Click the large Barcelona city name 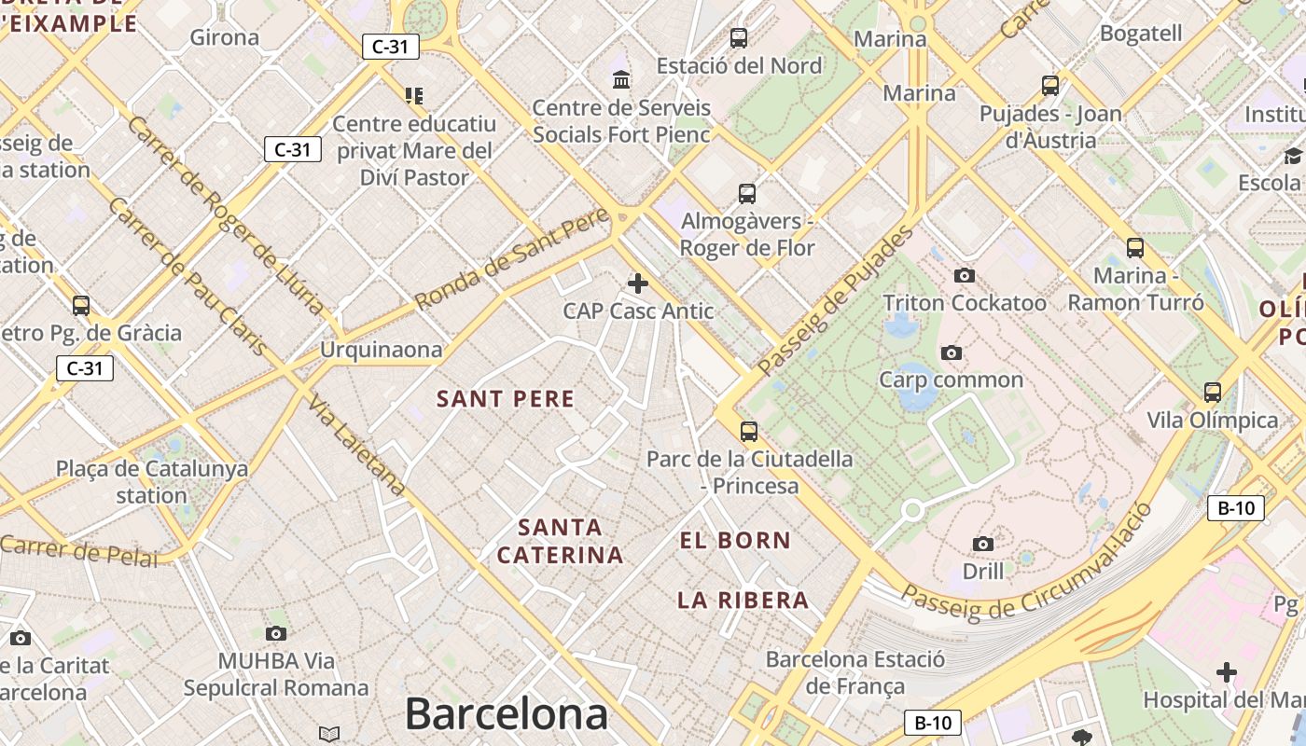pos(507,714)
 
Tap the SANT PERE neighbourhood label pos(506,399)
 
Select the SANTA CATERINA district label pos(560,542)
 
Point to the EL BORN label pos(735,541)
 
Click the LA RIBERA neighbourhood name pos(743,601)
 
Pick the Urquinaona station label pos(381,350)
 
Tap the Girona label pos(224,37)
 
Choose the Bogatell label pos(1141,34)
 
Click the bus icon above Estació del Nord pos(739,38)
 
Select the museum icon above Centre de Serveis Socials pos(621,80)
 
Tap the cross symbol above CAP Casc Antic pos(638,283)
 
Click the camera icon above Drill pos(982,544)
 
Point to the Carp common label pos(951,380)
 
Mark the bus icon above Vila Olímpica pos(1212,392)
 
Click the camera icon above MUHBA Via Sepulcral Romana pos(275,634)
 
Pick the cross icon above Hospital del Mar pos(1227,671)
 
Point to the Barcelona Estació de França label pos(854,672)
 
